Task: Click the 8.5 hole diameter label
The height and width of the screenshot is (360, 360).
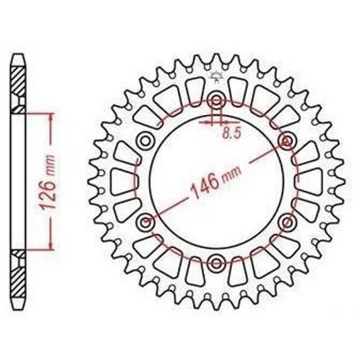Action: pos(231,133)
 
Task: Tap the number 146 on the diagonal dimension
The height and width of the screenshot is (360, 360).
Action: pos(204,185)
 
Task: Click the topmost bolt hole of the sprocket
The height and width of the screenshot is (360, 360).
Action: pos(216,100)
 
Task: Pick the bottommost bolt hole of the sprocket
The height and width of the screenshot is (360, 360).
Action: pos(216,263)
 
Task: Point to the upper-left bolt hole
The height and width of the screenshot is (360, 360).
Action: pos(145,141)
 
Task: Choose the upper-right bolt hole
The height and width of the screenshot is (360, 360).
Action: pos(287,141)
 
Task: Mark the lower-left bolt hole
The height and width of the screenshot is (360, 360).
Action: pos(145,222)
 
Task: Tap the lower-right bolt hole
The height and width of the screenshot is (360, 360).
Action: pos(287,222)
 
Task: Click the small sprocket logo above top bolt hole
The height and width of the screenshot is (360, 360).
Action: pos(216,77)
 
